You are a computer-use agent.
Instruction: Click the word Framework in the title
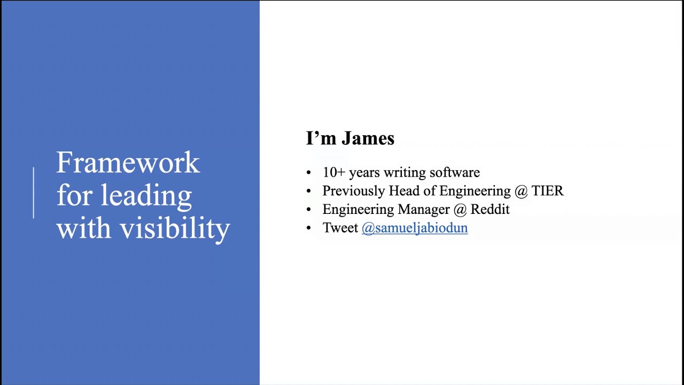(x=128, y=163)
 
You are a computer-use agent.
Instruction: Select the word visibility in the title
(x=175, y=228)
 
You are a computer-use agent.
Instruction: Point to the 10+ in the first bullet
(x=333, y=173)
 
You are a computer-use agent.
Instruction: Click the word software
(x=454, y=173)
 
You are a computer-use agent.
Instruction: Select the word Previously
(x=353, y=191)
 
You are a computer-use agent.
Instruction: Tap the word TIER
(x=547, y=191)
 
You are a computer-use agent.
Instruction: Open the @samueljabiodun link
(x=415, y=228)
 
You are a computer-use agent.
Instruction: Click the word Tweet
(x=340, y=228)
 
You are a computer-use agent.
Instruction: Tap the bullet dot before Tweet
(x=309, y=228)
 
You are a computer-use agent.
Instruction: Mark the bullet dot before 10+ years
(x=309, y=173)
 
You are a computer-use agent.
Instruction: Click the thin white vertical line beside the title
(x=33, y=192)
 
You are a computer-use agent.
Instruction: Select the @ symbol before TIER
(x=520, y=191)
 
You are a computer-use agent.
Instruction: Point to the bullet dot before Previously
(x=309, y=191)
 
